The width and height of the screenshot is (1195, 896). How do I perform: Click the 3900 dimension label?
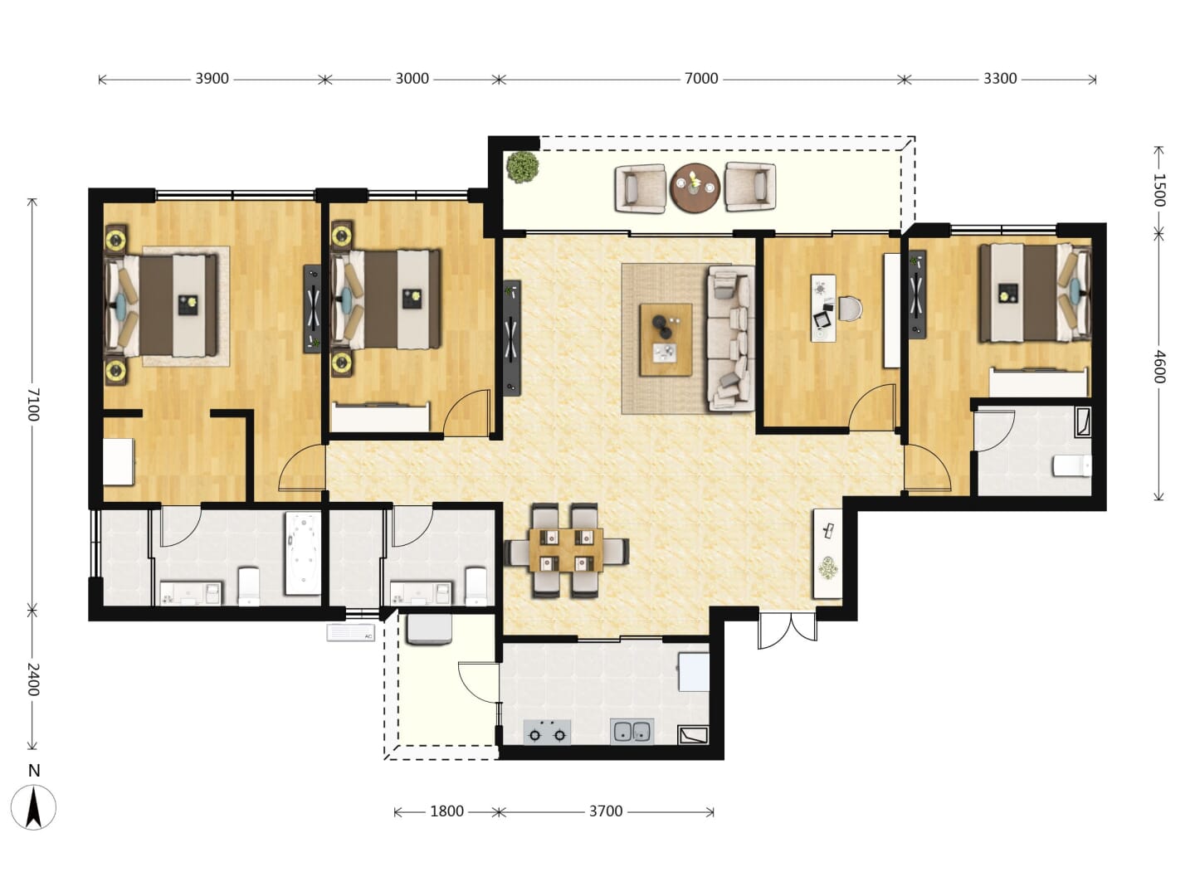212,79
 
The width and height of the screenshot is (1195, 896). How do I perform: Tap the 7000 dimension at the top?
700,79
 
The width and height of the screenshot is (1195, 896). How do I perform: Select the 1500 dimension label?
1158,190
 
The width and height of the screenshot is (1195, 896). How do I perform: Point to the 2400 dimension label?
33,679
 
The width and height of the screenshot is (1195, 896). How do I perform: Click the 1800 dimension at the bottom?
446,811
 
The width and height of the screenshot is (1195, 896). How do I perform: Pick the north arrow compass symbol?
34,808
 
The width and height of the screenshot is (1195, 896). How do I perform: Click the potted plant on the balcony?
523,167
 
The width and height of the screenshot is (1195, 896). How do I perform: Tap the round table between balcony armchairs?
695,187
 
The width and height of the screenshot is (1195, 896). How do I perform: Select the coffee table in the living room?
666,339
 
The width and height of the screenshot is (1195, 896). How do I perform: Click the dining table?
566,550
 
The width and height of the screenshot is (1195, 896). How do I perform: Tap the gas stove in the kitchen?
547,732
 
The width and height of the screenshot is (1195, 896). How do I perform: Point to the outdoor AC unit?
350,633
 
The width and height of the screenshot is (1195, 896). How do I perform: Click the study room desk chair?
851,309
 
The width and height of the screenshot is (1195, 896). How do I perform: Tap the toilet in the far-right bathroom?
1072,465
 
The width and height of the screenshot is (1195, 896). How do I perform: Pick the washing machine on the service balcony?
429,630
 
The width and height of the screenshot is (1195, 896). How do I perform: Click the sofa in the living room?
730,338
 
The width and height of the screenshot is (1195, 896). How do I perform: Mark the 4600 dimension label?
1158,367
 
